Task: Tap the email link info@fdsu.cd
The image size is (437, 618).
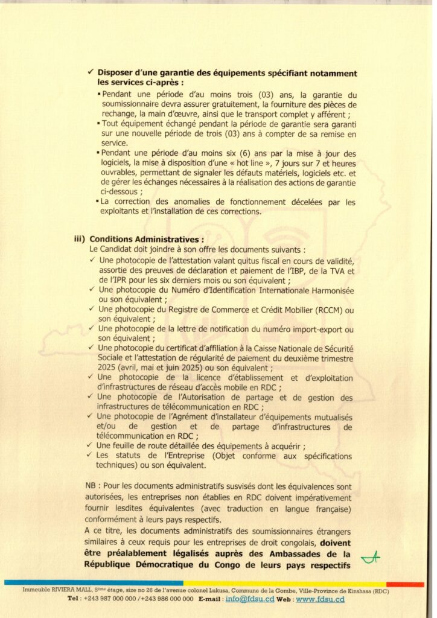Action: coord(249,599)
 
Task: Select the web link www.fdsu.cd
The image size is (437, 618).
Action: coord(320,599)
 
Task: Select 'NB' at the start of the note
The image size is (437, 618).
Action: coord(91,486)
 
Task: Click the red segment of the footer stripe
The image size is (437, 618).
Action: coord(405,584)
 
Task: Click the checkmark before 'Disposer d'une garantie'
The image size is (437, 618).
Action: coord(91,73)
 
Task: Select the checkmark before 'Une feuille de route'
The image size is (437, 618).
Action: coord(91,445)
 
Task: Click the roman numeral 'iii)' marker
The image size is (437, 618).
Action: coord(78,238)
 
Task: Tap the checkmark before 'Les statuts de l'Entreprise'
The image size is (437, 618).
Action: coord(91,455)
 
